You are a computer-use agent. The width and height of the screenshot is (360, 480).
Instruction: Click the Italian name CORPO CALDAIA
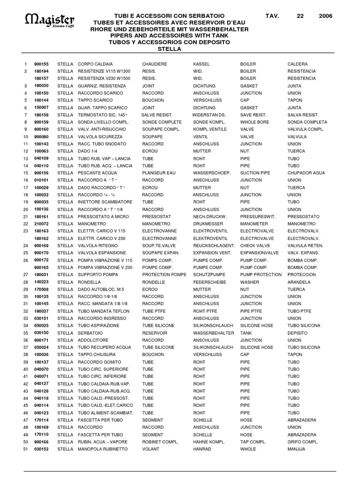pyautogui.click(x=95, y=64)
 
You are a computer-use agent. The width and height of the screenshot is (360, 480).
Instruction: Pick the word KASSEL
pyautogui.click(x=202, y=64)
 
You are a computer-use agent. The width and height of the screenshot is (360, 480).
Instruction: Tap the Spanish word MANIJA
pyautogui.click(x=296, y=449)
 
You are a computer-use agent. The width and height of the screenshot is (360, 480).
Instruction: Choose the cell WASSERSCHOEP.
pyautogui.click(x=211, y=173)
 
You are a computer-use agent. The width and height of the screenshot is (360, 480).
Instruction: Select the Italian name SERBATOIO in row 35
pyautogui.click(x=91, y=333)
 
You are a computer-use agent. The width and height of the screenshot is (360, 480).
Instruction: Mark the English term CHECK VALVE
pyautogui.click(x=255, y=246)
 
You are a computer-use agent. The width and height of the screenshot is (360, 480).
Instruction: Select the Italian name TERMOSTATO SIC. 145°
pyautogui.click(x=103, y=115)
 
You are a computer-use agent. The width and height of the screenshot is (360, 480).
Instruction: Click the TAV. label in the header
pyautogui.click(x=272, y=15)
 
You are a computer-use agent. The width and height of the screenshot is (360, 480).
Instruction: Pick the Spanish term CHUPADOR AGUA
pyautogui.click(x=306, y=173)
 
